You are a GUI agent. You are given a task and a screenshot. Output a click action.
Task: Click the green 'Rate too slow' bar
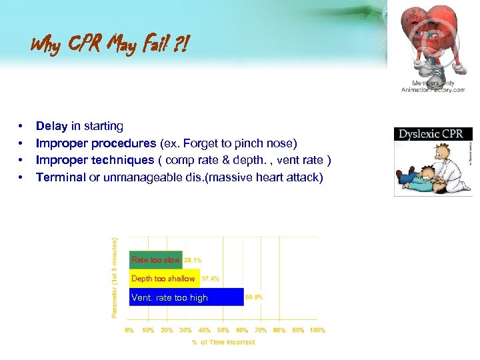pos(155,260)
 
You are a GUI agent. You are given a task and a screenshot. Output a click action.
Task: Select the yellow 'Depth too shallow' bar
pos(164,279)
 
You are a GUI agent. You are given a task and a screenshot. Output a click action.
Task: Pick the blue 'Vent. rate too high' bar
pos(186,297)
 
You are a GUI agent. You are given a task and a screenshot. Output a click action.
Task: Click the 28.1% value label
pos(193,260)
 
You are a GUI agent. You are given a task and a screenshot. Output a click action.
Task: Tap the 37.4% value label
pos(210,279)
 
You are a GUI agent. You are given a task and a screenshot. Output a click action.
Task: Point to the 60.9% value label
pos(254,297)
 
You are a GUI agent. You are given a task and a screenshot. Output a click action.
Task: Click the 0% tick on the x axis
pos(129,330)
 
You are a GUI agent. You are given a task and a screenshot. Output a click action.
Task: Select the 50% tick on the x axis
pos(223,330)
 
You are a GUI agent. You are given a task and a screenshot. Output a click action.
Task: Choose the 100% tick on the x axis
pos(317,330)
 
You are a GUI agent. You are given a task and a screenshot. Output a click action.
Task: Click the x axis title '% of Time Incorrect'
pos(223,342)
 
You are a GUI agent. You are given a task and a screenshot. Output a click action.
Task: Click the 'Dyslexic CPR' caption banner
pos(430,134)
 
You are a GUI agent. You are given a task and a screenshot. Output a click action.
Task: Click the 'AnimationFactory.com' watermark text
pos(433,90)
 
